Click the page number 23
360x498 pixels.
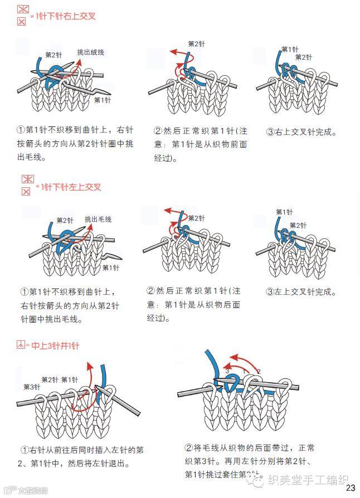point(350,488)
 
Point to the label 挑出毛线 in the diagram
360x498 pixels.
point(98,219)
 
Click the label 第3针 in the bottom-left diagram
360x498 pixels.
point(31,387)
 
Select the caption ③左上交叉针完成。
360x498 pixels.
point(301,291)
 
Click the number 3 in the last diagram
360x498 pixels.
point(227,370)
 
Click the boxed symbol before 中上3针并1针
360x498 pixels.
point(21,346)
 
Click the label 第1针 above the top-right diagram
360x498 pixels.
point(290,49)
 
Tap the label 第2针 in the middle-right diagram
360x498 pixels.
point(298,226)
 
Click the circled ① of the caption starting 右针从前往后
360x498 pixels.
point(25,450)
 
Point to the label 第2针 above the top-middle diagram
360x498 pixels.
point(196,43)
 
